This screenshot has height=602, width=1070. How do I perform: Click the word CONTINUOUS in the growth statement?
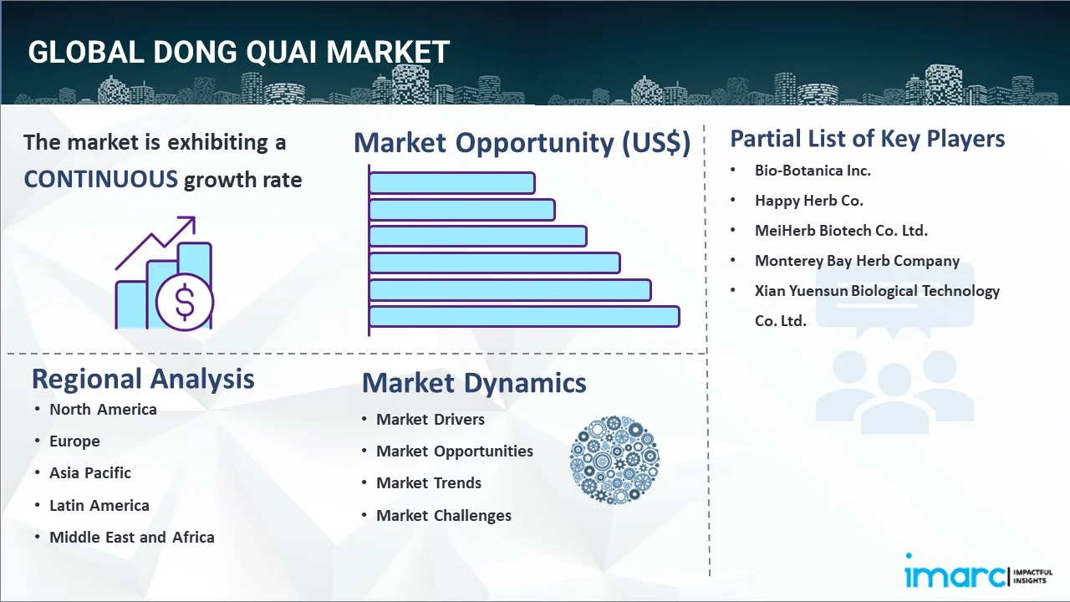[101, 180]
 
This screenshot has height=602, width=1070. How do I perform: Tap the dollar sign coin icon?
[185, 303]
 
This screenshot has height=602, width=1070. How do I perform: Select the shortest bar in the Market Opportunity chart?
[452, 183]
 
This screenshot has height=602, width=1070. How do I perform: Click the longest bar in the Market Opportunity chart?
[524, 317]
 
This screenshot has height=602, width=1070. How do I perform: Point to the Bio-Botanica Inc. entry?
[813, 171]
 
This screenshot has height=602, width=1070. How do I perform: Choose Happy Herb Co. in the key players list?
[808, 201]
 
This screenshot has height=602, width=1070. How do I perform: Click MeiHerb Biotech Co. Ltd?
[841, 231]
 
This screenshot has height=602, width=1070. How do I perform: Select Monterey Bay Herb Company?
[857, 261]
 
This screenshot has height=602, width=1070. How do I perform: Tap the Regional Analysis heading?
[143, 380]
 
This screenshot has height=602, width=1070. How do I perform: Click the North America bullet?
[103, 410]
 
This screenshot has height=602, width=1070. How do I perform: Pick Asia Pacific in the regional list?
[90, 473]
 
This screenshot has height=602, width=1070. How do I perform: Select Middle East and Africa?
[132, 537]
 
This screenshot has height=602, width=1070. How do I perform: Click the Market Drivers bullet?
[431, 420]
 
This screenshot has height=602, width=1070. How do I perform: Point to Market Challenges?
[444, 516]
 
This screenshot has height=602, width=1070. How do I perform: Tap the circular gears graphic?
[614, 460]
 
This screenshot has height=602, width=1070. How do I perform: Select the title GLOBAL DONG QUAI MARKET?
[238, 52]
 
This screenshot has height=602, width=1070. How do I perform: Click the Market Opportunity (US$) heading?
[522, 143]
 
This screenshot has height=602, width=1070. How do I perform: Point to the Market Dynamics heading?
[474, 383]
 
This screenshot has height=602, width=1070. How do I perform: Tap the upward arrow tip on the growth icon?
[195, 218]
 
